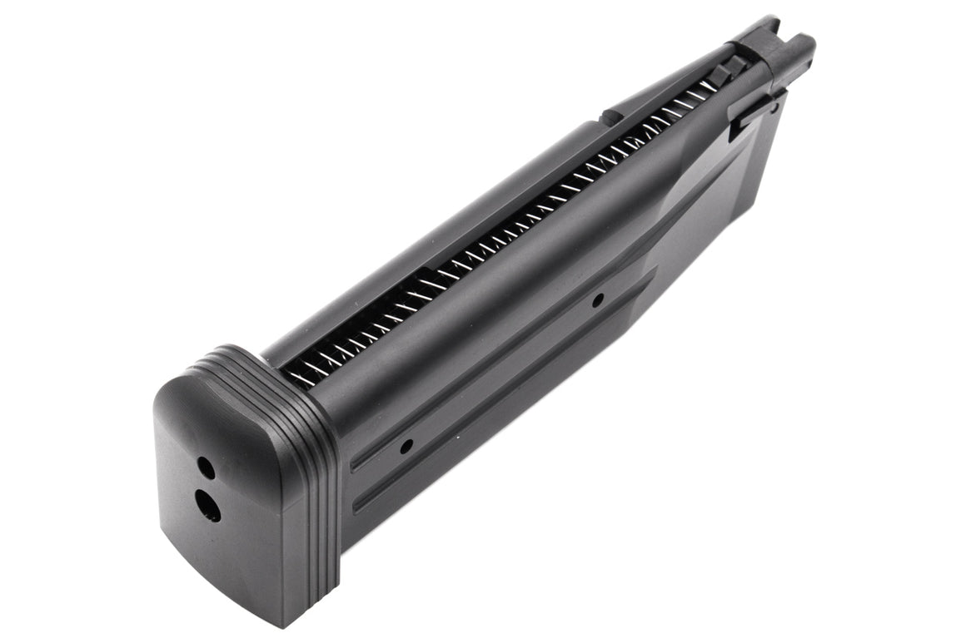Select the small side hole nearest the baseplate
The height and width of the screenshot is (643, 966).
pyautogui.click(x=406, y=448)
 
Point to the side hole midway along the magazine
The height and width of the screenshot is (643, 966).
pyautogui.click(x=597, y=300)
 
